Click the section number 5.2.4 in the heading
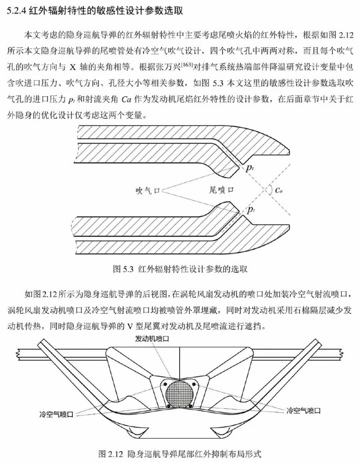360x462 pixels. click(16, 10)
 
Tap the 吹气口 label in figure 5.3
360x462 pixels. click(148, 190)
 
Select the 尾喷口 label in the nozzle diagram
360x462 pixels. click(221, 190)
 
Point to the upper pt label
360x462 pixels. click(250, 168)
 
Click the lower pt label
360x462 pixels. click(250, 210)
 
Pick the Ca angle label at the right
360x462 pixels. click(279, 190)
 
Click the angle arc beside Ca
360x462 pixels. click(271, 190)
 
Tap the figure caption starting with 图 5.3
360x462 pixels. click(180, 269)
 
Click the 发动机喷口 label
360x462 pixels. click(152, 339)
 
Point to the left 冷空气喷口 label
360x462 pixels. click(56, 414)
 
